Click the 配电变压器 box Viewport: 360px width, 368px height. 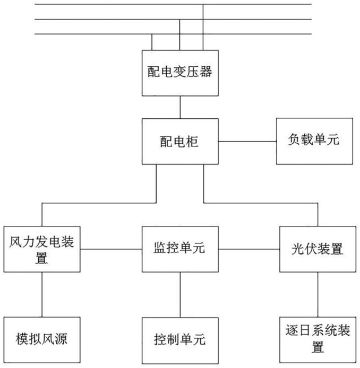pyautogui.click(x=180, y=73)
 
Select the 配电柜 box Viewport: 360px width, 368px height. pyautogui.click(x=180, y=141)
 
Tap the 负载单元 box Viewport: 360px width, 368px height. pyautogui.click(x=314, y=141)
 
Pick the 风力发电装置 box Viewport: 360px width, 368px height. pyautogui.click(x=42, y=249)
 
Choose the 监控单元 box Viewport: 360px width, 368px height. pyautogui.click(x=180, y=249)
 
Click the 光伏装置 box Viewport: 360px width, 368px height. pyautogui.click(x=318, y=249)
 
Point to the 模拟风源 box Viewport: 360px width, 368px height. pyautogui.click(x=42, y=340)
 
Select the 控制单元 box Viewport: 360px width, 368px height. pyautogui.click(x=180, y=340)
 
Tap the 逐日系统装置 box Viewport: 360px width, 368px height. pyautogui.click(x=318, y=340)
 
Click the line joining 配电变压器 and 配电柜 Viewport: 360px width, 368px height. pyautogui.click(x=180, y=107)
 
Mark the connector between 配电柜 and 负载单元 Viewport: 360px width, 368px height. pyautogui.click(x=247, y=142)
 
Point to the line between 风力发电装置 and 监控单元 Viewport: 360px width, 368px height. pyautogui.click(x=111, y=249)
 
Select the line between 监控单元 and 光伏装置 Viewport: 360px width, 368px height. pyautogui.click(x=249, y=249)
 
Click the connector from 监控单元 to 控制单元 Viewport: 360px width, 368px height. pyautogui.click(x=180, y=295)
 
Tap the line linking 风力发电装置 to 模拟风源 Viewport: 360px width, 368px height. pyautogui.click(x=42, y=294)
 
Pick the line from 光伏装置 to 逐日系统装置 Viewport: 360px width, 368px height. pyautogui.click(x=318, y=294)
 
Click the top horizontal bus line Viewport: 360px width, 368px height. pyautogui.click(x=173, y=4)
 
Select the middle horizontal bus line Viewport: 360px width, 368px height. pyautogui.click(x=173, y=20)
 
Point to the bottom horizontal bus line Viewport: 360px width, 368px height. pyautogui.click(x=173, y=34)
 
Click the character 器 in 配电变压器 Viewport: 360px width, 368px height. pyautogui.click(x=206, y=72)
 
